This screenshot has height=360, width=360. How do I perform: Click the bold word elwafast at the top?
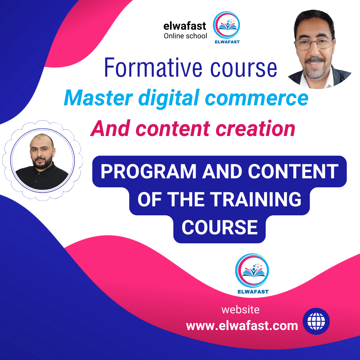(x=185, y=26)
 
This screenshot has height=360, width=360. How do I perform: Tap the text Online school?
(x=185, y=36)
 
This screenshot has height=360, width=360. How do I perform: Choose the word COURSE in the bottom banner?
(x=219, y=227)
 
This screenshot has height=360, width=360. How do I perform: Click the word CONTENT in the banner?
(x=293, y=172)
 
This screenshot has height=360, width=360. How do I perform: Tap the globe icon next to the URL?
(x=316, y=321)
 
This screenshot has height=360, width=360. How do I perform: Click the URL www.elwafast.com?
(x=242, y=325)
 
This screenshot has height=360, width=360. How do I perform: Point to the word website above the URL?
(x=240, y=310)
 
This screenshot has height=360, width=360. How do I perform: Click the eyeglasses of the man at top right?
(x=313, y=43)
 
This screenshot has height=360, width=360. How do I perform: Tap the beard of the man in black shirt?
(x=42, y=162)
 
